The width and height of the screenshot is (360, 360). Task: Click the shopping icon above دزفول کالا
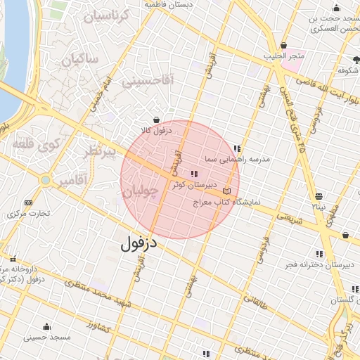pyautogui.click(x=155, y=120)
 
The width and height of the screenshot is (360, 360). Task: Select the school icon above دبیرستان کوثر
pyautogui.click(x=194, y=174)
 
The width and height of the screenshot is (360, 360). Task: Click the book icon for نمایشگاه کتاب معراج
pyautogui.click(x=226, y=191)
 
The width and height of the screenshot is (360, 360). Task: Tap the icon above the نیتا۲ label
pyautogui.click(x=319, y=196)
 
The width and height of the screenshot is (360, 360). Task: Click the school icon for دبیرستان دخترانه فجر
pyautogui.click(x=319, y=254)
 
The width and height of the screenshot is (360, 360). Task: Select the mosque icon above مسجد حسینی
pyautogui.click(x=47, y=326)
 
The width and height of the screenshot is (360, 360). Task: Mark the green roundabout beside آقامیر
pyautogui.click(x=46, y=181)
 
